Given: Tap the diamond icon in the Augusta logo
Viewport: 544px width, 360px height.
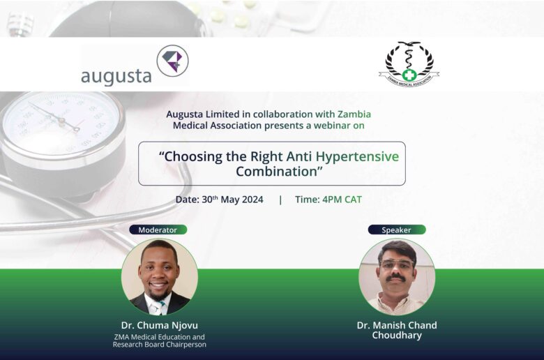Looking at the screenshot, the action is point(172,61).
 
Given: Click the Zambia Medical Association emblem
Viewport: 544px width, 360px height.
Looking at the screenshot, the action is point(409,64).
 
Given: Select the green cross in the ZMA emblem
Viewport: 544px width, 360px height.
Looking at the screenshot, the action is point(409,75).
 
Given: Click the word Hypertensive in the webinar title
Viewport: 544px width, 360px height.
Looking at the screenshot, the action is point(357,156).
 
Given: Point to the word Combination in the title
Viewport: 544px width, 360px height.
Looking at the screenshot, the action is point(276,172).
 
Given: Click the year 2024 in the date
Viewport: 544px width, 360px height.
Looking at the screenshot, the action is point(252,200).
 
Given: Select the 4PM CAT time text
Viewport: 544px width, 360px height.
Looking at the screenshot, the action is point(342,200).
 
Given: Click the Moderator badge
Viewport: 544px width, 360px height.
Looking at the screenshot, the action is point(158,230).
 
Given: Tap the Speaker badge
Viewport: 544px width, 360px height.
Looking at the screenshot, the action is point(397,230).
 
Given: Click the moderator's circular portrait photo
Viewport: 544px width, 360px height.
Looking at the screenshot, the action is point(160,277).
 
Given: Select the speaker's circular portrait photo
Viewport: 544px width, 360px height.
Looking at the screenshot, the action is point(397,277).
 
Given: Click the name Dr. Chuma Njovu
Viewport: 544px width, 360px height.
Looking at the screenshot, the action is point(160,325).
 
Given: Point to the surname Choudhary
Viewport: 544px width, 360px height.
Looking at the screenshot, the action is point(397,336).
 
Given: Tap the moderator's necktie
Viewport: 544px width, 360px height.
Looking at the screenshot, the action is point(159,308).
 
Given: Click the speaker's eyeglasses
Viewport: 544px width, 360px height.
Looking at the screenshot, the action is point(396,264).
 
